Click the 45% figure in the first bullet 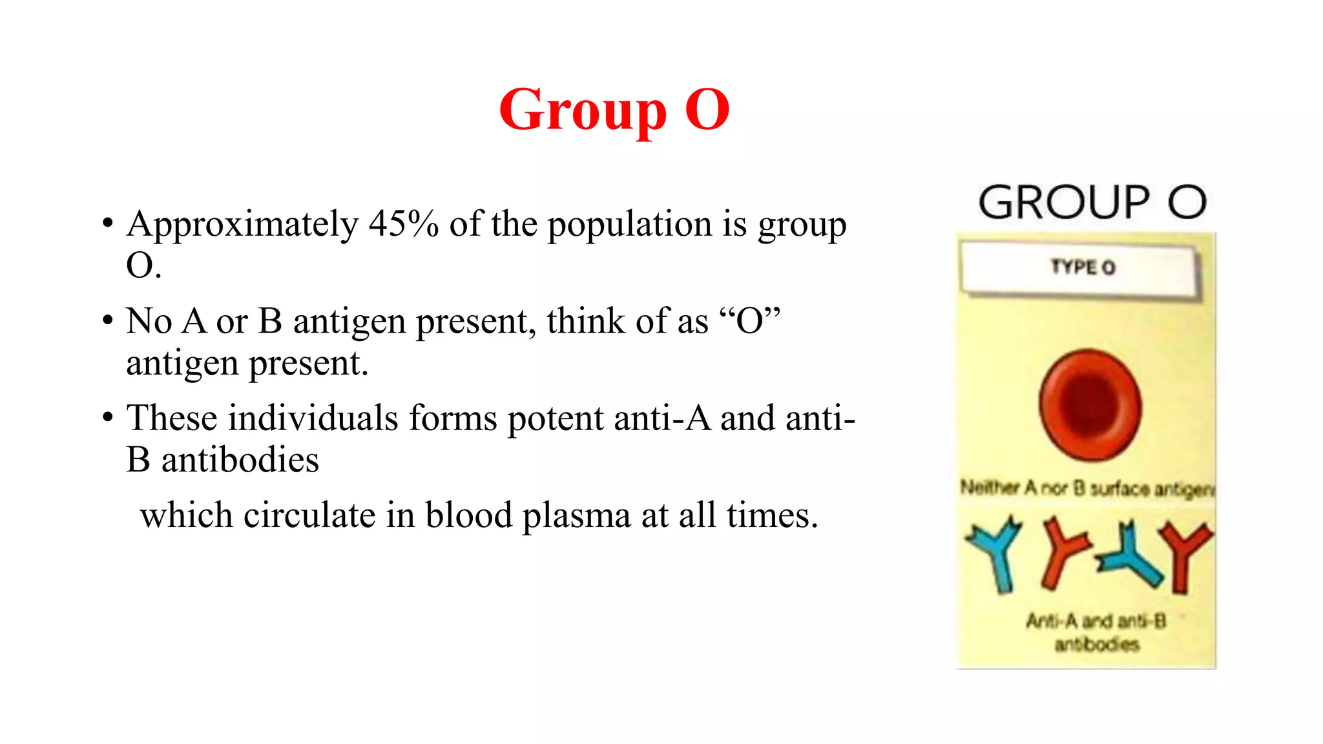(403, 225)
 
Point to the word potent (556, 418)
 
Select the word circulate (309, 515)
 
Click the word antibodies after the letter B (240, 460)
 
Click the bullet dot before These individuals (107, 418)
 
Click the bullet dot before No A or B (107, 321)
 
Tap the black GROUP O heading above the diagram (1092, 203)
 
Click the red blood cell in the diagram (1090, 405)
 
